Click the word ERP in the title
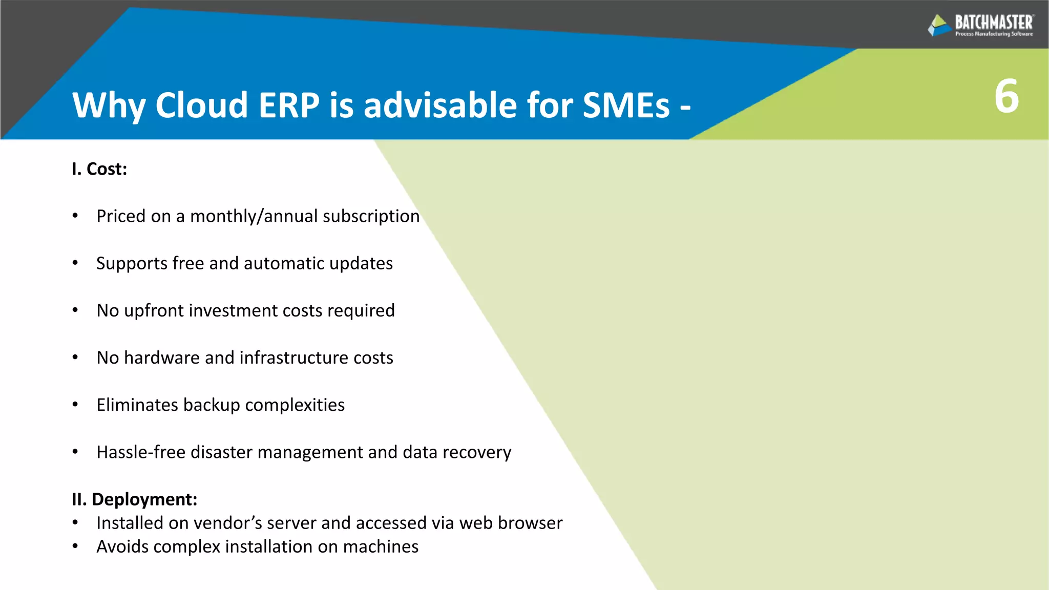click(289, 106)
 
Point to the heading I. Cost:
click(99, 169)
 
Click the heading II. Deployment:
click(134, 499)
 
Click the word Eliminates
click(137, 405)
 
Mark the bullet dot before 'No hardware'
click(75, 357)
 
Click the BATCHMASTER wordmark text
click(994, 23)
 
